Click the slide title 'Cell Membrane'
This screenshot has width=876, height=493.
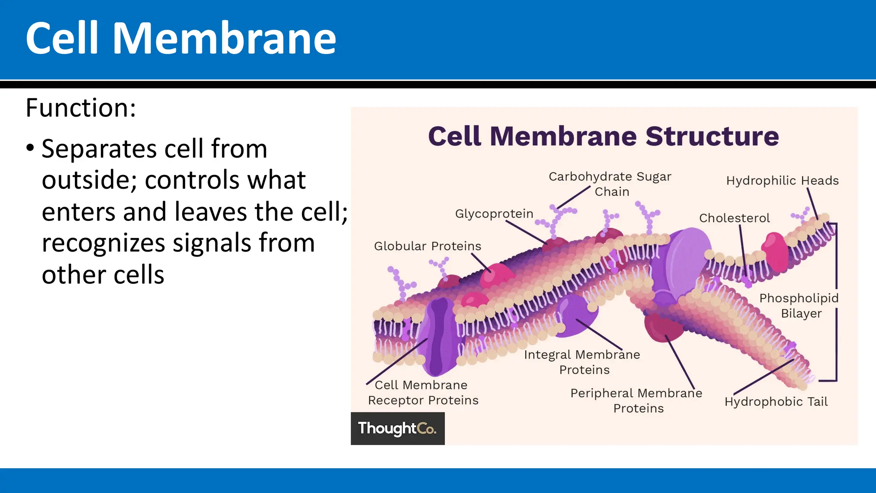(x=181, y=39)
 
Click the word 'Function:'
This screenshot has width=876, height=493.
(x=81, y=108)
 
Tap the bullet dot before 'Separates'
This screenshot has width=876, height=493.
(x=30, y=148)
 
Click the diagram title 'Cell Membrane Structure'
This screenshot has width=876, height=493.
(x=603, y=136)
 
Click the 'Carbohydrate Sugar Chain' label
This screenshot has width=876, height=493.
(x=610, y=184)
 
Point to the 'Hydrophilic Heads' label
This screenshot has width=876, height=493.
(x=782, y=181)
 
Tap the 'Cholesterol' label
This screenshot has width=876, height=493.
(x=734, y=218)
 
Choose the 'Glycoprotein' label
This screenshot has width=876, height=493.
(x=494, y=214)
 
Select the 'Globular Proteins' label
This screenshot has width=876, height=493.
(x=427, y=246)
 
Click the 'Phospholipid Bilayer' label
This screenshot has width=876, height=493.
(x=799, y=306)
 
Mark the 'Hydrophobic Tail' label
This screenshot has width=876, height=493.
(x=776, y=402)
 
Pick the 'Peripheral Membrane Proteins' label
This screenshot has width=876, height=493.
(x=636, y=401)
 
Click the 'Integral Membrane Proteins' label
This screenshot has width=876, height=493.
(x=582, y=362)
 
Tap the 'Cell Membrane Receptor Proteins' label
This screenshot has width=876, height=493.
(x=423, y=392)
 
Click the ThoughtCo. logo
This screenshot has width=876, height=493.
(x=397, y=428)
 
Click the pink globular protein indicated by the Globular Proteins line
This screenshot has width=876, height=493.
(x=496, y=276)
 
